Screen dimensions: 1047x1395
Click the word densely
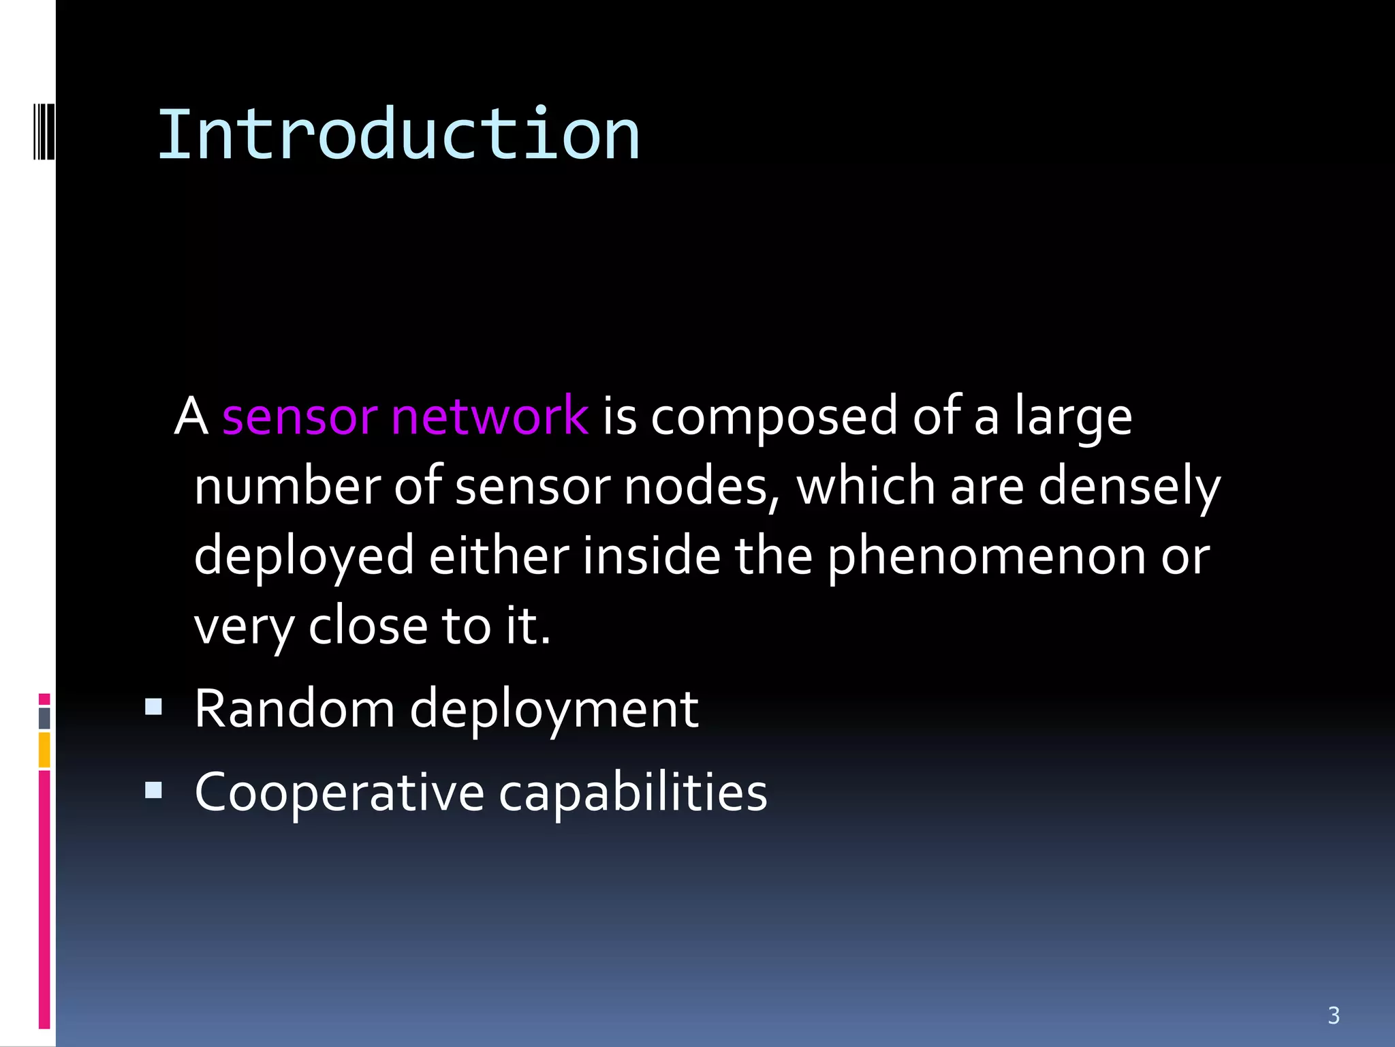(1129, 487)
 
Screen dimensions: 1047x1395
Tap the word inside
(651, 556)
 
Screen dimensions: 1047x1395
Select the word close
(368, 626)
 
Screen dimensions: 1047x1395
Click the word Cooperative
(339, 793)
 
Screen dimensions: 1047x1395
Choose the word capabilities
(633, 793)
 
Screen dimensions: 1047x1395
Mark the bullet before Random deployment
(154, 706)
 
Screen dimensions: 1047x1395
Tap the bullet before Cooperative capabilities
(154, 790)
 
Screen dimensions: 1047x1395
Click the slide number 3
(1334, 1016)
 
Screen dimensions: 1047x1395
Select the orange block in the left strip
(44, 750)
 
